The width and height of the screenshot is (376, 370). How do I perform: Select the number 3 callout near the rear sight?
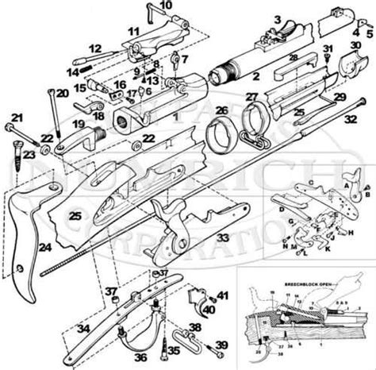277,18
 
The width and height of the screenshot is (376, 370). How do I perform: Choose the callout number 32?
350,119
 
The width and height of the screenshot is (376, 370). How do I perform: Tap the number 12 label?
95,48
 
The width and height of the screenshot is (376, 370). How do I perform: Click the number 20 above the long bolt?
61,94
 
